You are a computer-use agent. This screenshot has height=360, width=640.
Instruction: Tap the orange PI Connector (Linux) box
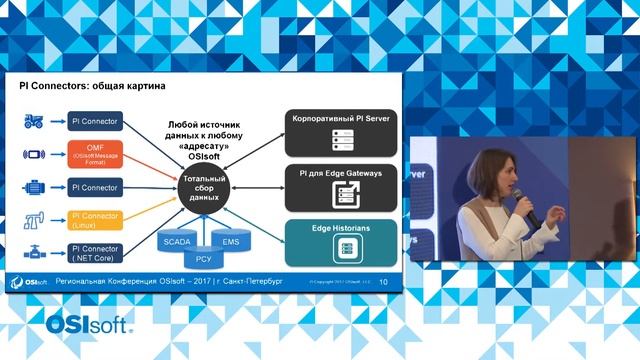tap(96, 219)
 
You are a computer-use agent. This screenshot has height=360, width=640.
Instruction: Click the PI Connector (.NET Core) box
tap(96, 253)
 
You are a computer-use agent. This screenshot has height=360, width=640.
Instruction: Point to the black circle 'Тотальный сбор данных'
tap(204, 188)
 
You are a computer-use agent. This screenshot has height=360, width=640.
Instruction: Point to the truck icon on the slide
tap(34, 122)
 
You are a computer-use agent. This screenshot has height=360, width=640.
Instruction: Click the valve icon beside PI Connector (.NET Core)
tap(34, 253)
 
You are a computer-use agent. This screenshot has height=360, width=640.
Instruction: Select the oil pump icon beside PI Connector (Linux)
tap(34, 219)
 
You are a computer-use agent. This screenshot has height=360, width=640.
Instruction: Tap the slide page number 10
tap(383, 282)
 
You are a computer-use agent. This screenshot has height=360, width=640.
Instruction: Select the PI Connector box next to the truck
tap(96, 122)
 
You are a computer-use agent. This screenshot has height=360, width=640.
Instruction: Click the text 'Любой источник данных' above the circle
tap(204, 128)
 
